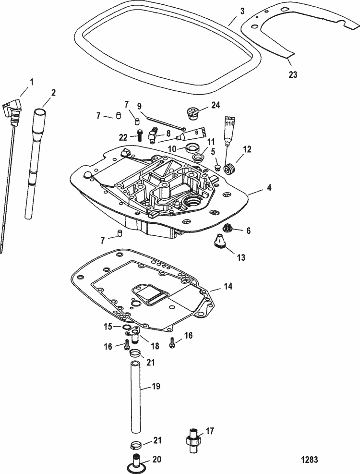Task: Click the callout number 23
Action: click(x=293, y=74)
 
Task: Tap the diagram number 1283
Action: click(x=310, y=460)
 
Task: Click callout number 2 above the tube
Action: click(x=53, y=93)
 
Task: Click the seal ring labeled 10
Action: click(x=192, y=148)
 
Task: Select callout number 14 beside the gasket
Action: click(x=228, y=286)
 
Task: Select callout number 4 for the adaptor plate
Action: click(x=269, y=188)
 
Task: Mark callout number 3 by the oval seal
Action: click(x=242, y=12)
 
